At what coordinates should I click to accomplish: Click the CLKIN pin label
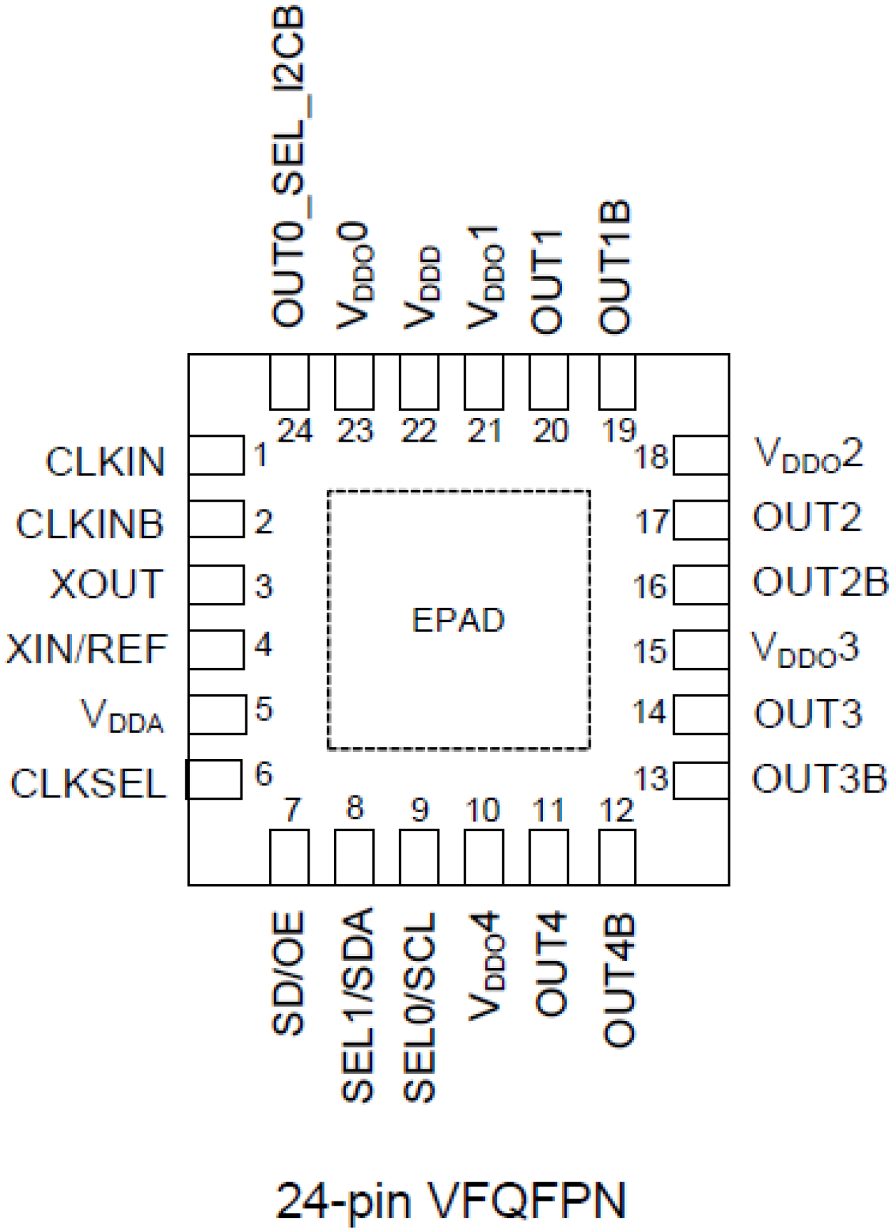(106, 462)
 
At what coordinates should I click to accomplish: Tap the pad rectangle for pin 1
(216, 455)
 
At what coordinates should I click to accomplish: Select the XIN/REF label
(86, 649)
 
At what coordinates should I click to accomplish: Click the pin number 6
(264, 774)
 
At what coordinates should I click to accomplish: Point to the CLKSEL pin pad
(213, 779)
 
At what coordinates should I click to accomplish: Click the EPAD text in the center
(458, 620)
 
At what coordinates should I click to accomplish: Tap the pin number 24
(295, 431)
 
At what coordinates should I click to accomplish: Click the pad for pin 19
(617, 382)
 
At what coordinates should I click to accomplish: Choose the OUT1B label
(615, 267)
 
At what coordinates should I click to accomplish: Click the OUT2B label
(820, 582)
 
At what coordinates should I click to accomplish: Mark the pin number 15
(650, 651)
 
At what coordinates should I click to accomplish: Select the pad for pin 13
(701, 781)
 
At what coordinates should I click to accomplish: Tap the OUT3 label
(808, 714)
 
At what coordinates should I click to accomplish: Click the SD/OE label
(289, 973)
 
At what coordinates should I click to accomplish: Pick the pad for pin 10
(484, 857)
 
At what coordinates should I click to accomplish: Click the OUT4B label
(618, 981)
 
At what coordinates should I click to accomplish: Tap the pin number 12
(617, 810)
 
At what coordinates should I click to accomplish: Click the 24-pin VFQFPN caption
(451, 1201)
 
